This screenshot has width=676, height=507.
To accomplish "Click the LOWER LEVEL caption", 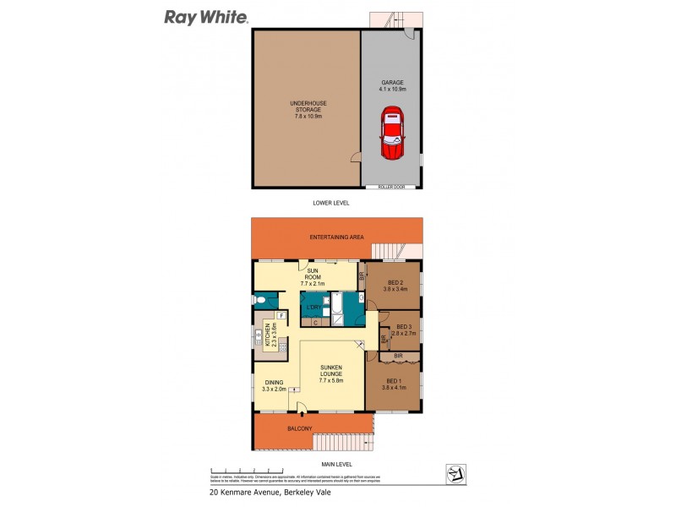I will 330,204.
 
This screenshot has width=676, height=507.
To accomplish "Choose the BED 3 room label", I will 403,327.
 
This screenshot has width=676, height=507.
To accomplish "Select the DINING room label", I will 274,382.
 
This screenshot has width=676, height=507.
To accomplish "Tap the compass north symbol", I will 455,475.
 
